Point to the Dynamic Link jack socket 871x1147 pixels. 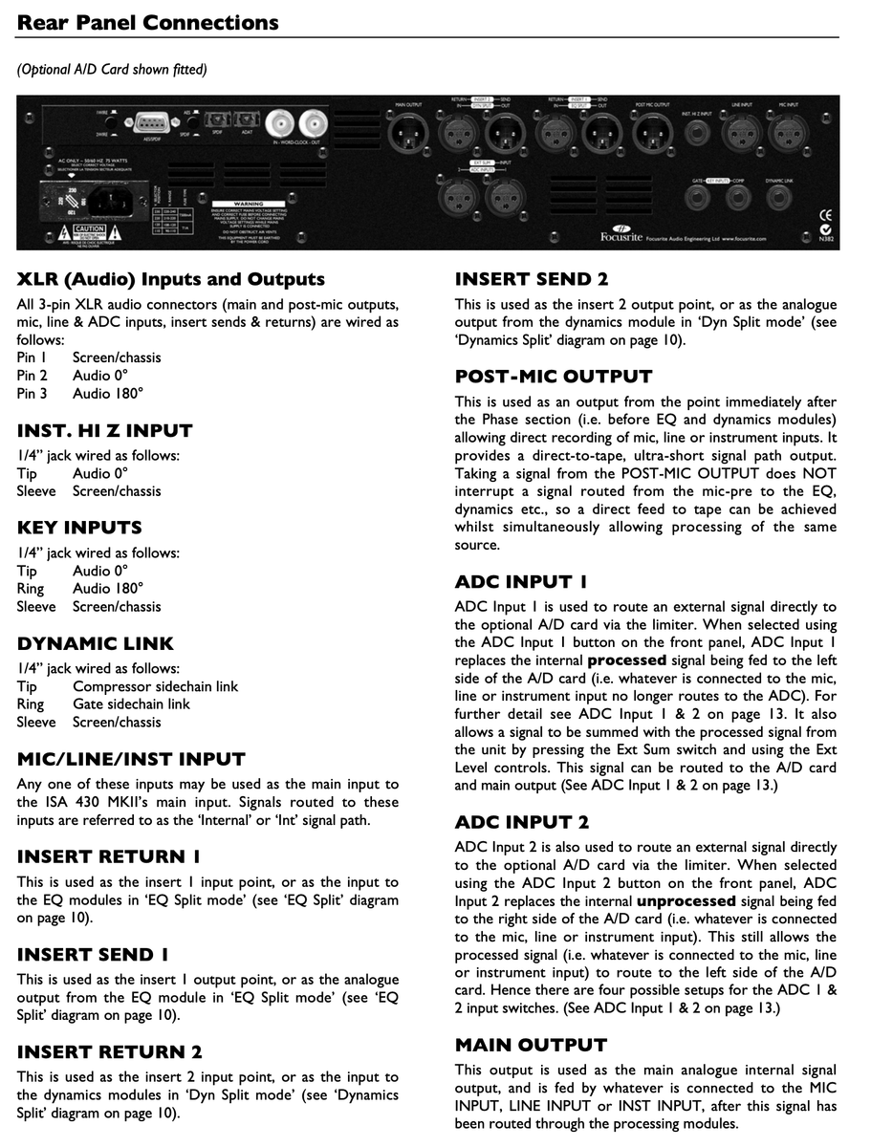point(783,197)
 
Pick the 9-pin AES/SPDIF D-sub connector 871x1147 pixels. point(151,122)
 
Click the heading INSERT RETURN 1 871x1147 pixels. point(109,856)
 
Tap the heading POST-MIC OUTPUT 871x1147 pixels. point(554,377)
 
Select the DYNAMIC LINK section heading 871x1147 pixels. point(96,643)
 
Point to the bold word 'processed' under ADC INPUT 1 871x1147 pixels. point(627,660)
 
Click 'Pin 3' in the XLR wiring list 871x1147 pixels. point(32,393)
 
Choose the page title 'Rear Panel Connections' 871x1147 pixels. point(148,22)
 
